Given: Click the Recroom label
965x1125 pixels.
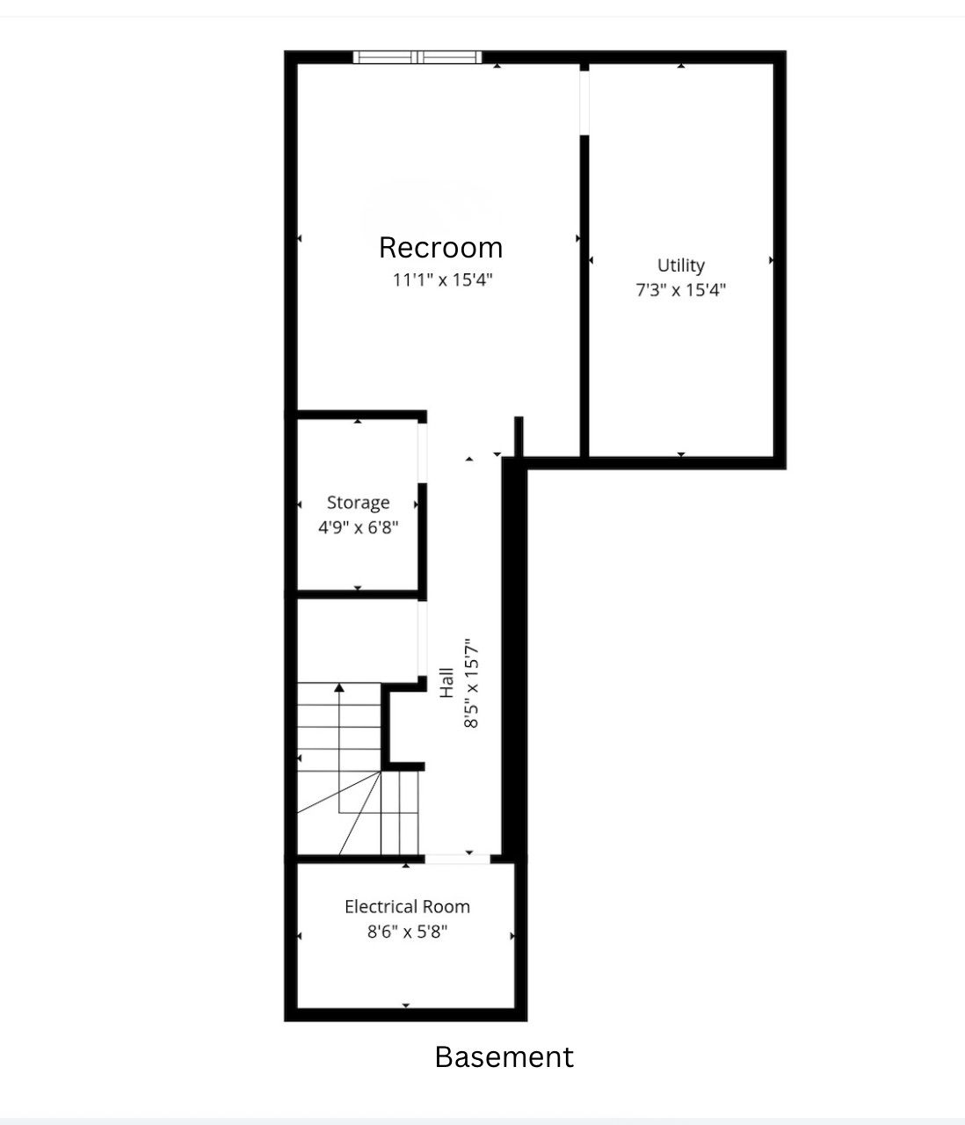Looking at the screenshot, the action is coord(440,248).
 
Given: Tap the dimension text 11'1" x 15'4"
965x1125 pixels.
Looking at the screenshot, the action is coord(442,279).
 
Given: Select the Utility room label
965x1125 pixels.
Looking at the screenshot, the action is coord(681,265).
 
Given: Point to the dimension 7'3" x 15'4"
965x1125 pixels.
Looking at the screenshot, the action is coord(681,289).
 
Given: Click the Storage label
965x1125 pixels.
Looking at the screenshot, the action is coord(358,503).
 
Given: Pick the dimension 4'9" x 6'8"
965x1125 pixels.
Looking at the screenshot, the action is coord(358,526).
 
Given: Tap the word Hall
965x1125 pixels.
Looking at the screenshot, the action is coord(446,683).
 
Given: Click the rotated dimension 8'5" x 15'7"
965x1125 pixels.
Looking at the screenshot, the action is coord(471,683).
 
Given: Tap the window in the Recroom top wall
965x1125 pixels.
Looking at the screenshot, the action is coord(417,57).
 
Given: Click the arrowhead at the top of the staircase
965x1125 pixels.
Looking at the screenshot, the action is coord(339,687).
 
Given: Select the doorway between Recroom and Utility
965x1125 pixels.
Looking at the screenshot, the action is coord(584,103).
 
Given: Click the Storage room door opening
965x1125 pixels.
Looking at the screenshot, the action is coord(422,453).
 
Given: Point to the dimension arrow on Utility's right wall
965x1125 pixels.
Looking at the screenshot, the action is coord(771,260).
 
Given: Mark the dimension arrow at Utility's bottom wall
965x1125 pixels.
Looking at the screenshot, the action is coord(681,454).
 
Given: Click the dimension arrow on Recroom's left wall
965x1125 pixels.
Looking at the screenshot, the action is coord(299,238).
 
